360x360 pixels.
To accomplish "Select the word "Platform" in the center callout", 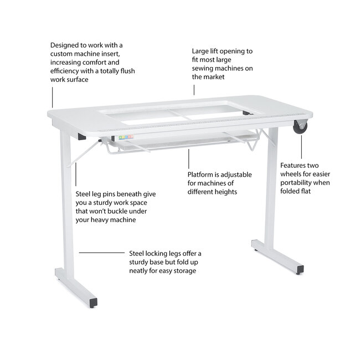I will [202, 174].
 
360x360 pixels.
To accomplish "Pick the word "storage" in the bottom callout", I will [185, 271].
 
